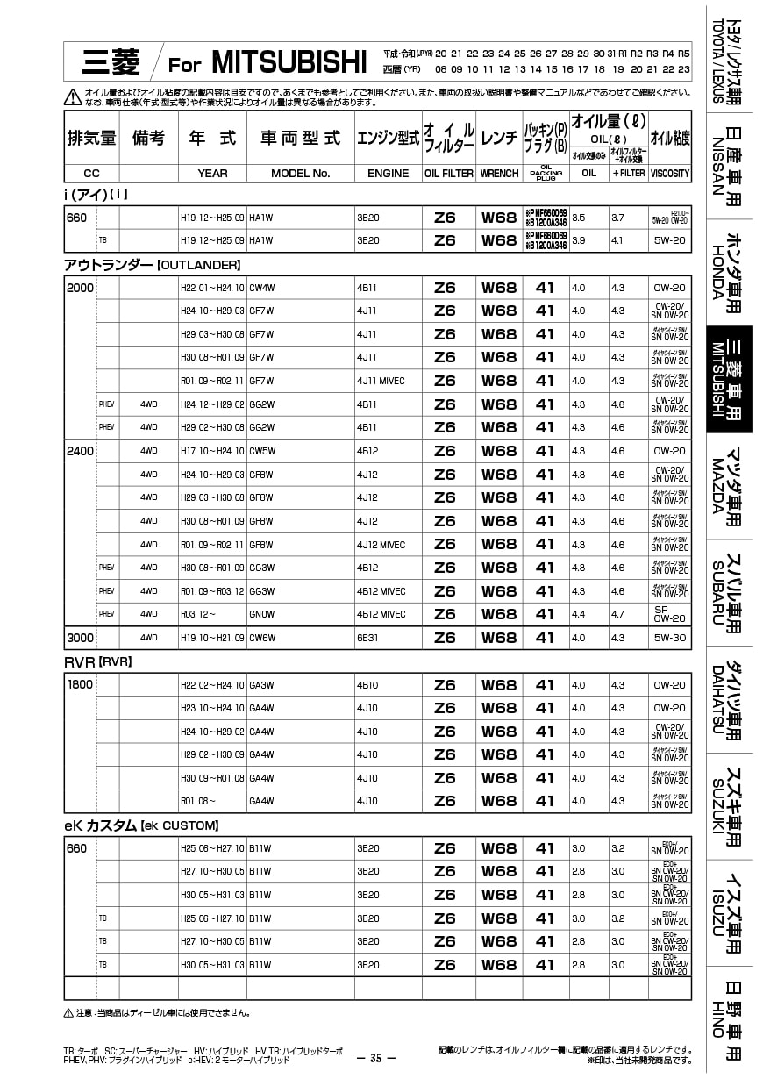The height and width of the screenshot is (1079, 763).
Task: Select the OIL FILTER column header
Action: coord(448,174)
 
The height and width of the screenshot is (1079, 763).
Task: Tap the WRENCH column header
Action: coord(499,174)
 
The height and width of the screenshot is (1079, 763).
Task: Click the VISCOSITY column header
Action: coord(670,174)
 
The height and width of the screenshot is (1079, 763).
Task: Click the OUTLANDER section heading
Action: coord(152,264)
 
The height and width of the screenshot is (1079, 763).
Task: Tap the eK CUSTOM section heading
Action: coord(140,825)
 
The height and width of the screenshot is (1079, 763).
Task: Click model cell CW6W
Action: coord(262,638)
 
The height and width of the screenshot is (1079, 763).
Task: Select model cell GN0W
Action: coord(262,614)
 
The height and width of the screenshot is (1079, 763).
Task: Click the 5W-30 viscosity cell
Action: coord(670,638)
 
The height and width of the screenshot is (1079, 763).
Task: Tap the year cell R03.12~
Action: coord(198,614)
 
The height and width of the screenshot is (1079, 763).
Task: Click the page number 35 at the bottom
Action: coord(376,1058)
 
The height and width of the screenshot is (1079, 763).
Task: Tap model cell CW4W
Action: coord(262,288)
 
